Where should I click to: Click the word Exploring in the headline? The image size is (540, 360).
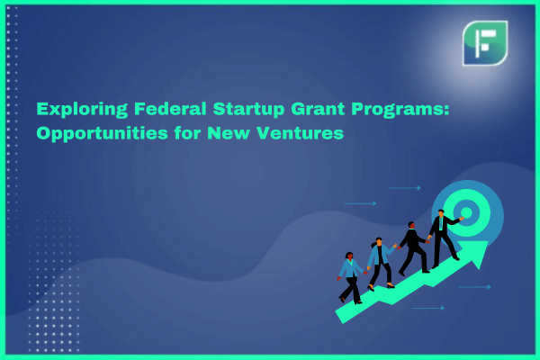pos(82,110)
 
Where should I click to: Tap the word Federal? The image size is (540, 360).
pos(170,109)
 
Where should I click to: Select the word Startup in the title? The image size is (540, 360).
pos(248,110)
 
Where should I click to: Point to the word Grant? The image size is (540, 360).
pos(318,109)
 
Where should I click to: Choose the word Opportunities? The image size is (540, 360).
pos(102,134)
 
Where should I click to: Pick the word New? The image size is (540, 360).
pos(229,133)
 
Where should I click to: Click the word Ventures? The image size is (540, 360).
pos(300,133)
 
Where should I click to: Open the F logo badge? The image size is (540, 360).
pos(485,43)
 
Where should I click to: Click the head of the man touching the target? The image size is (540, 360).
pos(441,213)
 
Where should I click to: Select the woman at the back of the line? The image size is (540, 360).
pos(351,278)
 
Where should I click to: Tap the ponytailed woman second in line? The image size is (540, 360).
pos(382,263)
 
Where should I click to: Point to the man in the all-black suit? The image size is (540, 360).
pos(414,248)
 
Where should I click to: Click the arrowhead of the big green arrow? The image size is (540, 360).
pos(477,253)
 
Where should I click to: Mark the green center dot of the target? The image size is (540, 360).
pos(466,212)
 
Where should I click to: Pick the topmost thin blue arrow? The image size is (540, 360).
pos(405,188)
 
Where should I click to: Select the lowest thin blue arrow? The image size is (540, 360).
pos(428,308)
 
